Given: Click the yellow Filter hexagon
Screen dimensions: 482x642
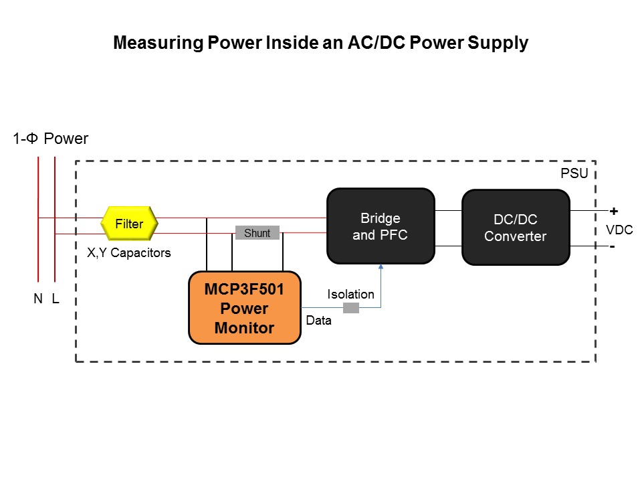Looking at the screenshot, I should click(129, 224).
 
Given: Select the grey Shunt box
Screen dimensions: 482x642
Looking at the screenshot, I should click(257, 233).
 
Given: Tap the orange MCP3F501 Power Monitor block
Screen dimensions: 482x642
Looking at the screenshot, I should click(244, 308).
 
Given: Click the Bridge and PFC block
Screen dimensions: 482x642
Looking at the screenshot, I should click(380, 226).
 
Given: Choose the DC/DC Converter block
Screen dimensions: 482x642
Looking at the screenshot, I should click(515, 228).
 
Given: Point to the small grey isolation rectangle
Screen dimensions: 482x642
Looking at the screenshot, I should click(351, 308).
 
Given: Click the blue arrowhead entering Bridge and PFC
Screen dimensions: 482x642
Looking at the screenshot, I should click(381, 267).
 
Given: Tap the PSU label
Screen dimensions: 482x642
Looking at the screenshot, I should click(573, 174).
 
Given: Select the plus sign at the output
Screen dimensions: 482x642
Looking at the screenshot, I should click(613, 211).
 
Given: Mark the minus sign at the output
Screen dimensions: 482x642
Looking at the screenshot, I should click(612, 246).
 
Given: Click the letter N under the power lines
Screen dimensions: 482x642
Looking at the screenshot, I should click(38, 299).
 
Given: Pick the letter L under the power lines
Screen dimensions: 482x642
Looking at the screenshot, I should click(56, 299).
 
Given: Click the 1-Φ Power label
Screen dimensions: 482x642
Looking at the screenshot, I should click(51, 139).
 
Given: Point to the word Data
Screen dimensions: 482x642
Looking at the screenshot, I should click(319, 321).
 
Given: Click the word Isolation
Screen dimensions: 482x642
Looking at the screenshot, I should click(350, 294).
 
